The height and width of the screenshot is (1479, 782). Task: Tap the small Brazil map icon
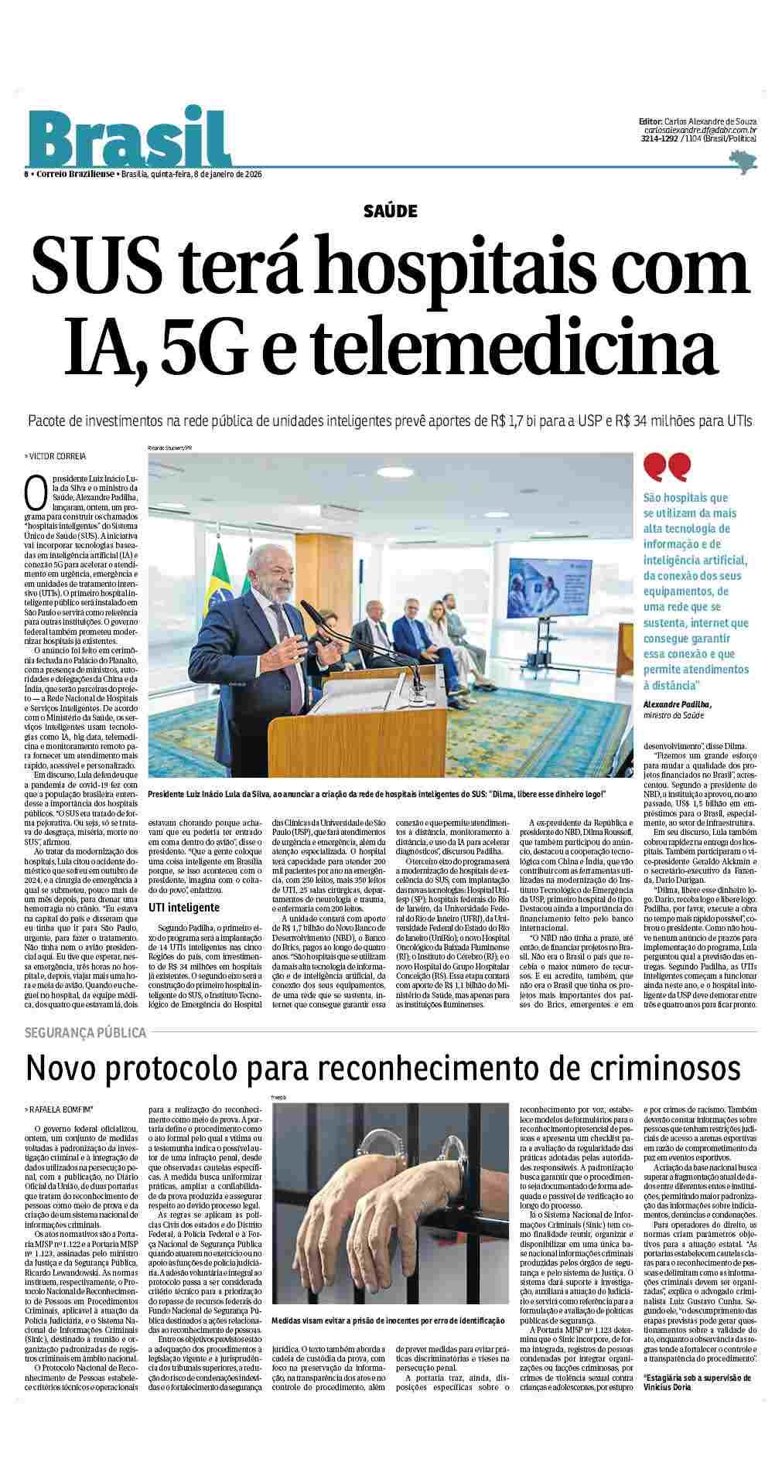click(x=743, y=160)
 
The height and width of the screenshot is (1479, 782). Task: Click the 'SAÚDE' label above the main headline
click(x=390, y=210)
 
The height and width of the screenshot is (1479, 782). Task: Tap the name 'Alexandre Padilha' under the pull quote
click(x=677, y=704)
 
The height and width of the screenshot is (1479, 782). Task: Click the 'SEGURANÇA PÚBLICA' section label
click(x=85, y=1032)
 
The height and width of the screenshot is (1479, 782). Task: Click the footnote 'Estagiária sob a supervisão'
click(x=697, y=1443)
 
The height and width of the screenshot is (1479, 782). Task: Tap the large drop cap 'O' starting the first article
click(x=33, y=489)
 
